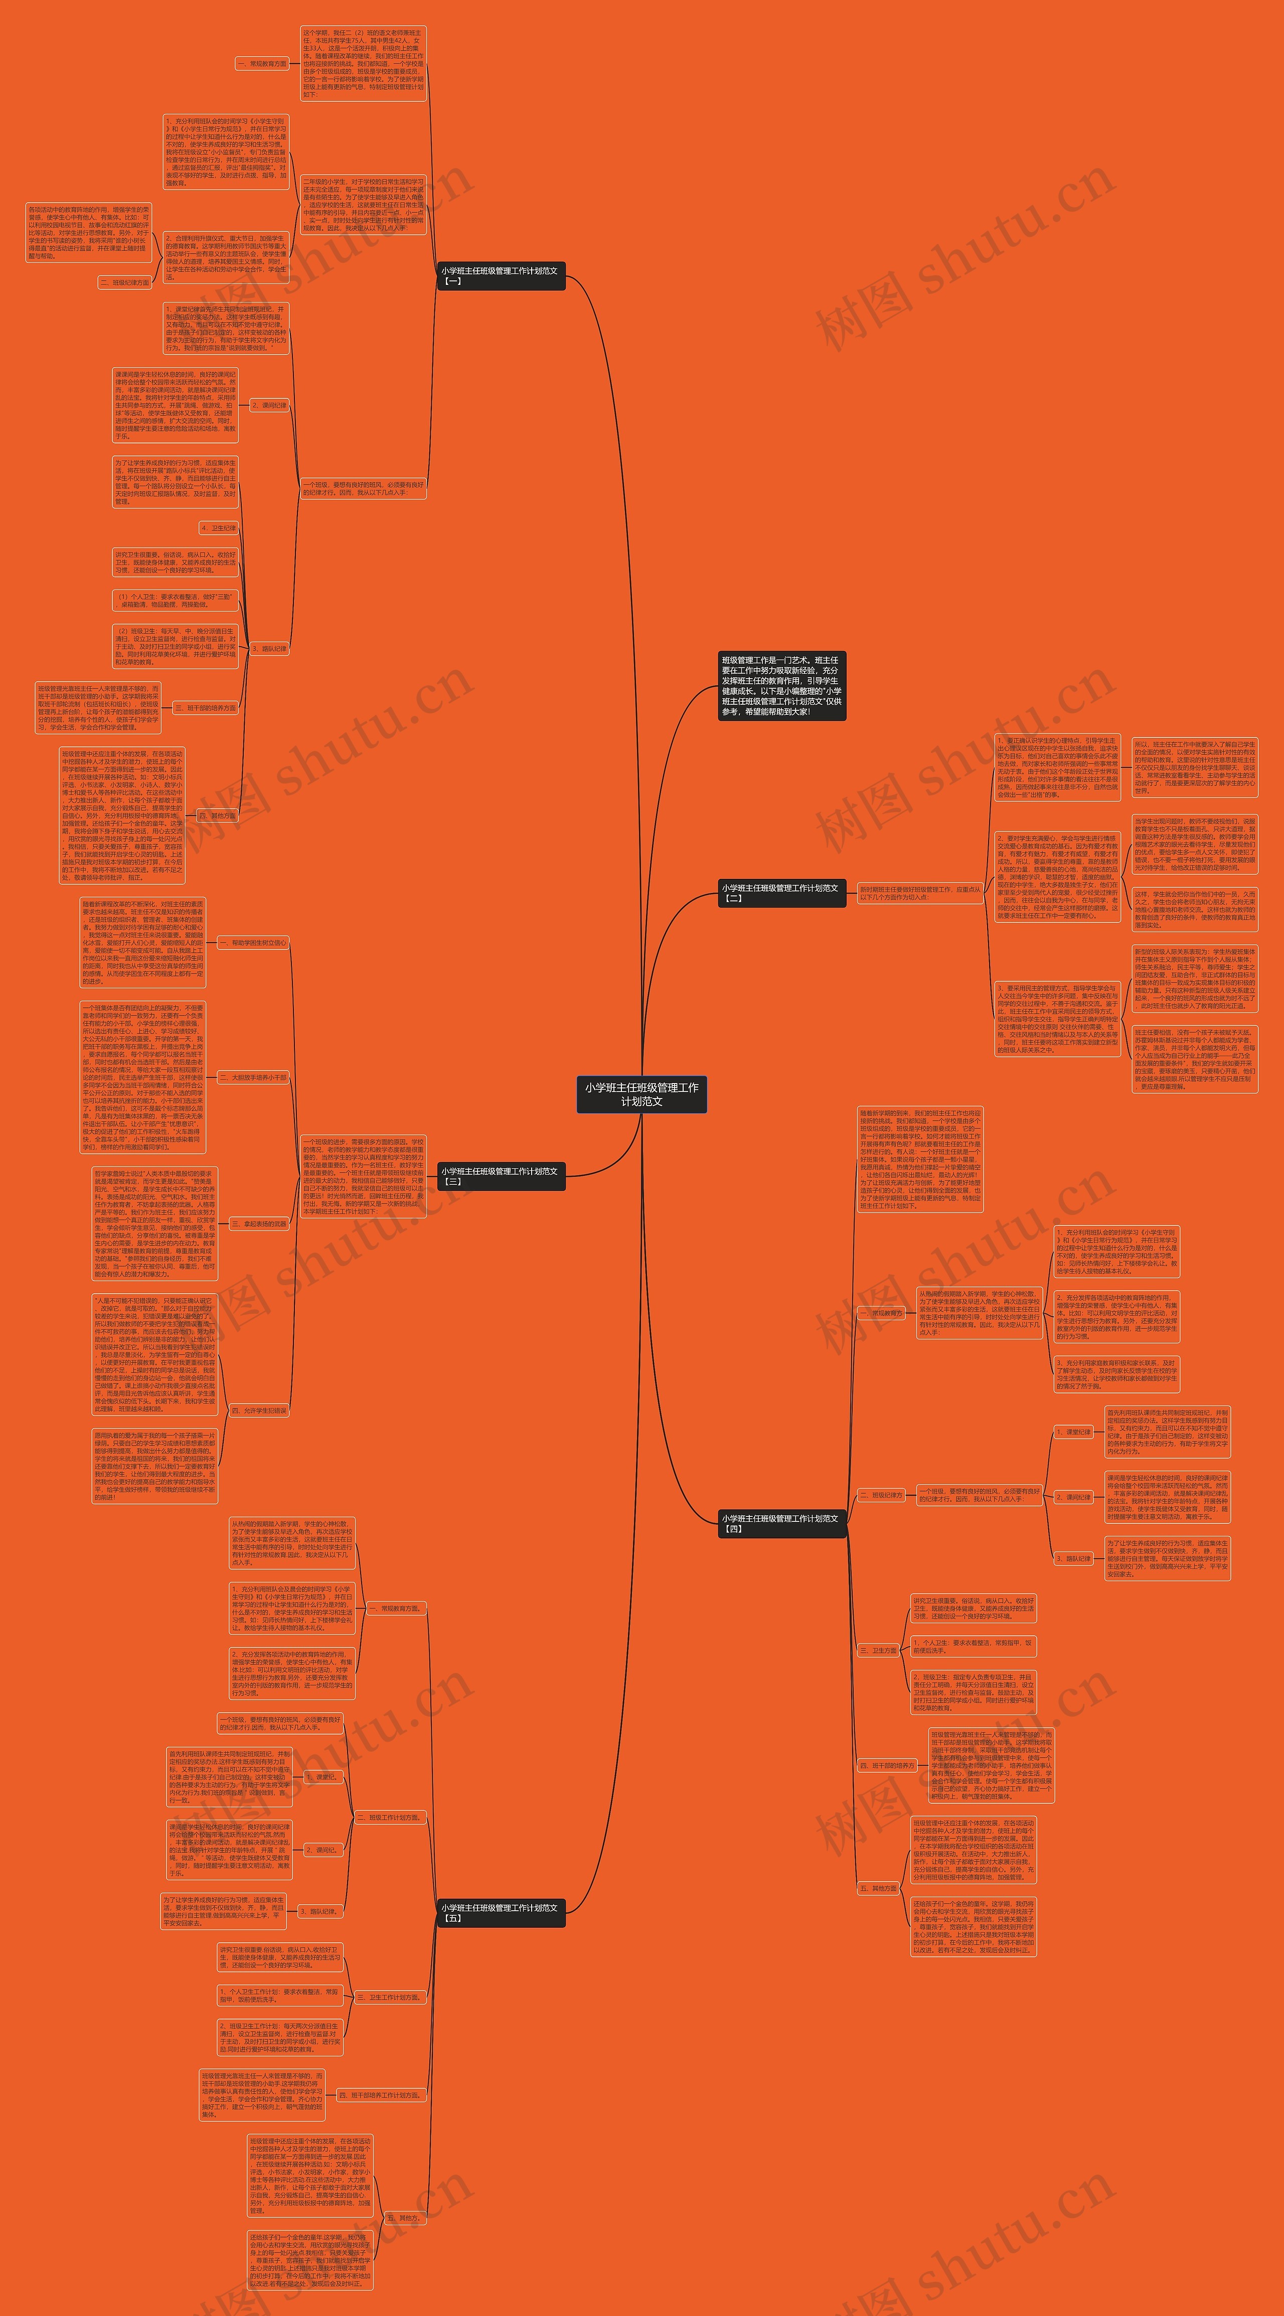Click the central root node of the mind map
point(641,1094)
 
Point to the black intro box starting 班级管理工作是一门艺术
point(781,686)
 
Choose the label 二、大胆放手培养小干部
point(254,1077)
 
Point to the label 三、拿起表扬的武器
point(259,1223)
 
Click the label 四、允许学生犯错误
point(259,1411)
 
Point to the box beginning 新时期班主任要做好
point(920,893)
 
